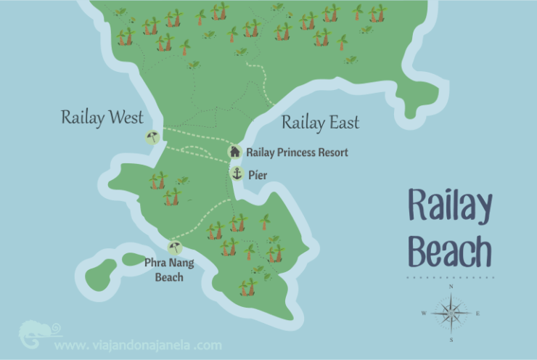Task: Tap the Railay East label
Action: coord(320,123)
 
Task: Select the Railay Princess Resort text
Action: coord(297,152)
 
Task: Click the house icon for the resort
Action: coord(234,152)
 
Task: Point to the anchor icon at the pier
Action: coord(237,173)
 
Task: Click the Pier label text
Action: coord(258,174)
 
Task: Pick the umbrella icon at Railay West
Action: coord(152,137)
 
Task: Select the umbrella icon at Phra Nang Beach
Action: coord(174,247)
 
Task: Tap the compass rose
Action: coord(451,313)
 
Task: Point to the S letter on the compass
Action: coord(451,339)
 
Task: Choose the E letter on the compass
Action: coord(478,314)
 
